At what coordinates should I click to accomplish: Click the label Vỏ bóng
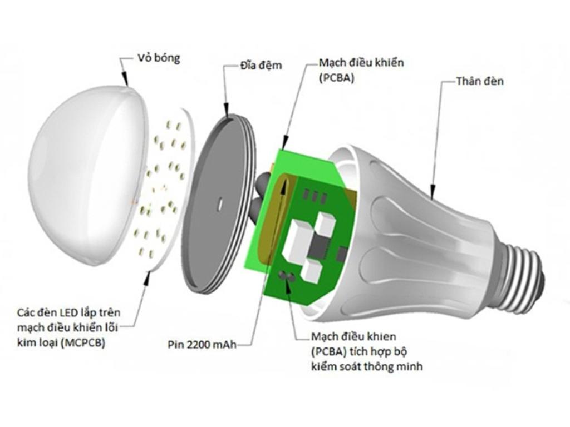(159, 58)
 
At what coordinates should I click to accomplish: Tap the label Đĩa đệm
(261, 66)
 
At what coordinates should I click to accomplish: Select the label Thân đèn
(480, 81)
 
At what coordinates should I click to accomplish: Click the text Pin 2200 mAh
(202, 344)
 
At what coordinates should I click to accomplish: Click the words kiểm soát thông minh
(367, 366)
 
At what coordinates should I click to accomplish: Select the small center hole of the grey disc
(219, 203)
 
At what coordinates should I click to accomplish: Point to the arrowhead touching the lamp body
(433, 192)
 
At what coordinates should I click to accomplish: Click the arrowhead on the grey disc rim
(227, 111)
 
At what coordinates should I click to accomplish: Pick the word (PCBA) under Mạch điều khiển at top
(336, 78)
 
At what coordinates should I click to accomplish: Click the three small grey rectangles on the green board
(314, 196)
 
